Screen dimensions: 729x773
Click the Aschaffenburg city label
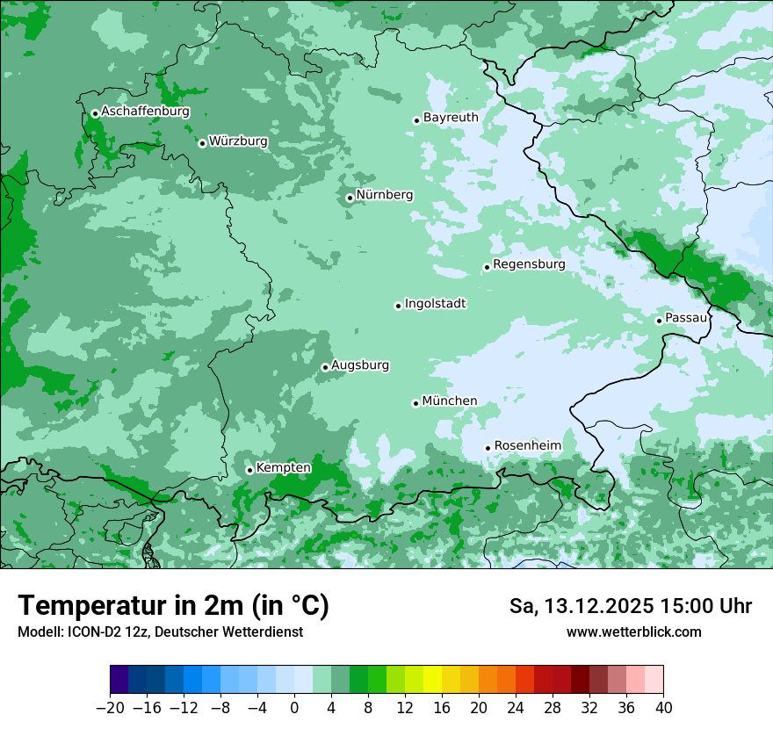pyautogui.click(x=145, y=112)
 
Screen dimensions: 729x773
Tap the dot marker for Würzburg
pyautogui.click(x=202, y=143)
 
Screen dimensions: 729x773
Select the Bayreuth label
pyautogui.click(x=451, y=117)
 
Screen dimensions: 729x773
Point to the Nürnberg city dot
pyautogui.click(x=350, y=198)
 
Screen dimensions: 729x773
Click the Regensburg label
pyautogui.click(x=529, y=263)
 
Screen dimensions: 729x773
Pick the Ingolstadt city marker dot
pyautogui.click(x=398, y=306)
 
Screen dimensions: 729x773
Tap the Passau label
pyautogui.click(x=686, y=317)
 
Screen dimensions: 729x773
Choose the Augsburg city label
pyautogui.click(x=360, y=364)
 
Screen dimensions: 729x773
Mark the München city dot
pyautogui.click(x=415, y=403)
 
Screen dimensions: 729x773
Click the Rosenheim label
pyautogui.click(x=527, y=445)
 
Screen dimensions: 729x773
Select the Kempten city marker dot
pyautogui.click(x=249, y=470)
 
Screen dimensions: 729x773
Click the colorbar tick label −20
pyautogui.click(x=110, y=708)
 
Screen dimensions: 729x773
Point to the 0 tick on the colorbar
pyautogui.click(x=294, y=708)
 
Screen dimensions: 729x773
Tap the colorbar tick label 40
pyautogui.click(x=663, y=708)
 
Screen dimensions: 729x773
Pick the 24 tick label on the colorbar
pyautogui.click(x=516, y=708)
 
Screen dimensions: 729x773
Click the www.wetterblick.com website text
pyautogui.click(x=633, y=632)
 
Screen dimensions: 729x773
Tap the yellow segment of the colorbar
pyautogui.click(x=432, y=680)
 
